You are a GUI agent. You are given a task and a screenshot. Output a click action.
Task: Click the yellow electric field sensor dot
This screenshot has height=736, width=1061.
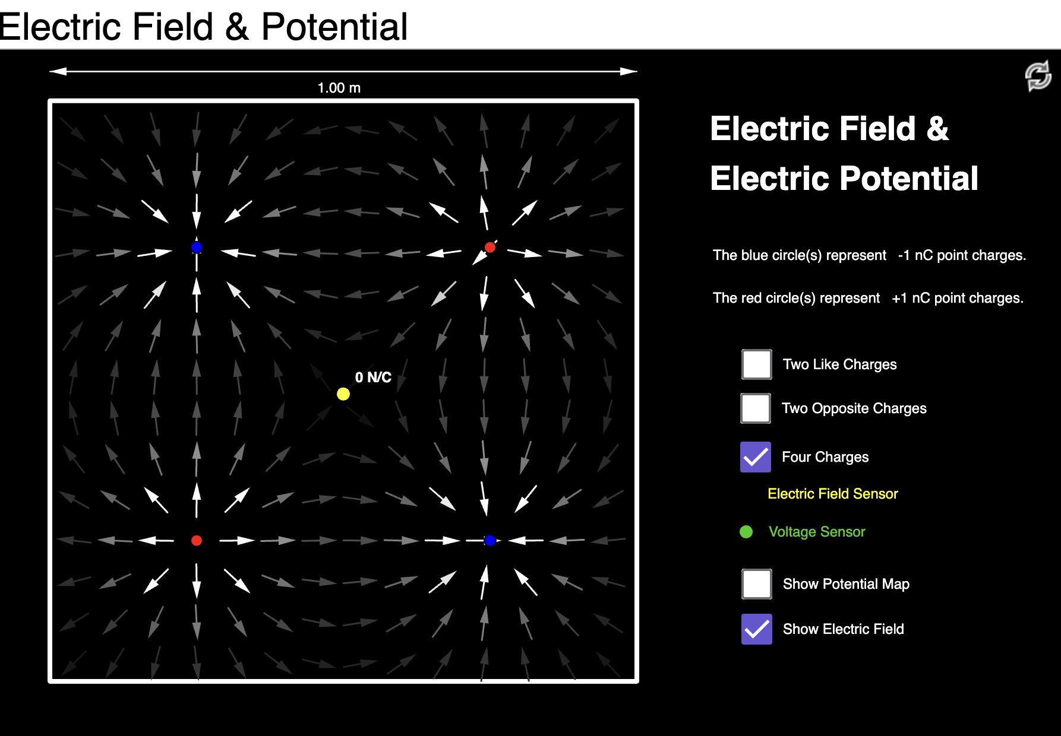pyautogui.click(x=343, y=394)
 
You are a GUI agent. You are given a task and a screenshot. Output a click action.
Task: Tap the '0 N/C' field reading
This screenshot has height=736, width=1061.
pyautogui.click(x=373, y=377)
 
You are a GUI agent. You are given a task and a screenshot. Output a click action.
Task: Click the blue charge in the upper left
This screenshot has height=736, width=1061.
pyautogui.click(x=197, y=248)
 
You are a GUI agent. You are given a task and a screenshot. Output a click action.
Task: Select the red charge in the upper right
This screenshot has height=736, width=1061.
pyautogui.click(x=490, y=248)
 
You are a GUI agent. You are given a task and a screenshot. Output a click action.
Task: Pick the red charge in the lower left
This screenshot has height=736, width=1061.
pyautogui.click(x=197, y=541)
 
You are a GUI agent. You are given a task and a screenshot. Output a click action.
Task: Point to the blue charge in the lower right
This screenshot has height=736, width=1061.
pyautogui.click(x=490, y=541)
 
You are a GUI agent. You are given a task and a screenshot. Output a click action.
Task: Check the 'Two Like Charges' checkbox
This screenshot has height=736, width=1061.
pyautogui.click(x=757, y=364)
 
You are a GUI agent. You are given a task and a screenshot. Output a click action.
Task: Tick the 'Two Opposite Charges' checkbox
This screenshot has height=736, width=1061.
pyautogui.click(x=756, y=408)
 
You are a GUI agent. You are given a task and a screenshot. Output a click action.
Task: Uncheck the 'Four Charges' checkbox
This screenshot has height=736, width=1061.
pyautogui.click(x=756, y=457)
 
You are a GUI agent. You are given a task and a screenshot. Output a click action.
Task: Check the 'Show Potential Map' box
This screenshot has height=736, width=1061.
pyautogui.click(x=757, y=584)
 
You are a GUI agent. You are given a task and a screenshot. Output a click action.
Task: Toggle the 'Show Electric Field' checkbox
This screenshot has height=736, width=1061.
pyautogui.click(x=757, y=629)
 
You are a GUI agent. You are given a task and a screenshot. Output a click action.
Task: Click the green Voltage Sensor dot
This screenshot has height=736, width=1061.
pyautogui.click(x=746, y=532)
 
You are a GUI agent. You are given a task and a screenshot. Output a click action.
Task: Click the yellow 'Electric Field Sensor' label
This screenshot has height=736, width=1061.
pyautogui.click(x=832, y=494)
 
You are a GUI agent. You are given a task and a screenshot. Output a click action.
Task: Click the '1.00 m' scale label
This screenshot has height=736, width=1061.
pyautogui.click(x=339, y=88)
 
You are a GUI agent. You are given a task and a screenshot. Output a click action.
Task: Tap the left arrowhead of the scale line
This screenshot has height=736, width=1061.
pyautogui.click(x=56, y=72)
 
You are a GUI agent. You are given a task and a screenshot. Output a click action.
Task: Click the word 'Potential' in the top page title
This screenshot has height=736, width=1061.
pyautogui.click(x=334, y=27)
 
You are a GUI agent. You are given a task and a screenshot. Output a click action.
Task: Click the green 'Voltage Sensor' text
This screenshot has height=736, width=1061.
pyautogui.click(x=817, y=532)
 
